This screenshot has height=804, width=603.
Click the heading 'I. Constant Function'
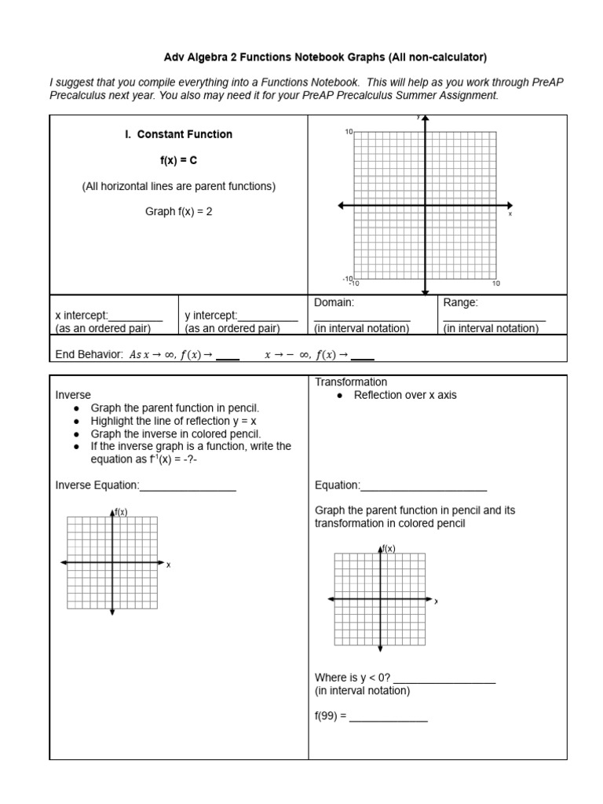tap(178, 134)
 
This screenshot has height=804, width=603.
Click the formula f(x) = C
tap(178, 160)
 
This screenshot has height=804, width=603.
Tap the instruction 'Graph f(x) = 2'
tap(178, 211)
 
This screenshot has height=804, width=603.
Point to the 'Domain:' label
tap(334, 302)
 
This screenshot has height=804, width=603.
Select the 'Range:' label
tap(460, 302)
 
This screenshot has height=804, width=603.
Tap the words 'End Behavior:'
tap(90, 355)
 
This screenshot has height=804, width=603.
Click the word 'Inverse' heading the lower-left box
tap(73, 395)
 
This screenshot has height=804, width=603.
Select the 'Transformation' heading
tap(351, 382)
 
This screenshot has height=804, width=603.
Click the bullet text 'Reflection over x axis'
tap(404, 395)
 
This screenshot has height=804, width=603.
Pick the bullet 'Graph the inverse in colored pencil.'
tap(176, 433)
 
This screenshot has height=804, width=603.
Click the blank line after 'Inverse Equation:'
tap(188, 486)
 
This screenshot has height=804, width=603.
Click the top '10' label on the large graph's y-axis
tap(348, 133)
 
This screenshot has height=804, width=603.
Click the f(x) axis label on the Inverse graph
tap(121, 512)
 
